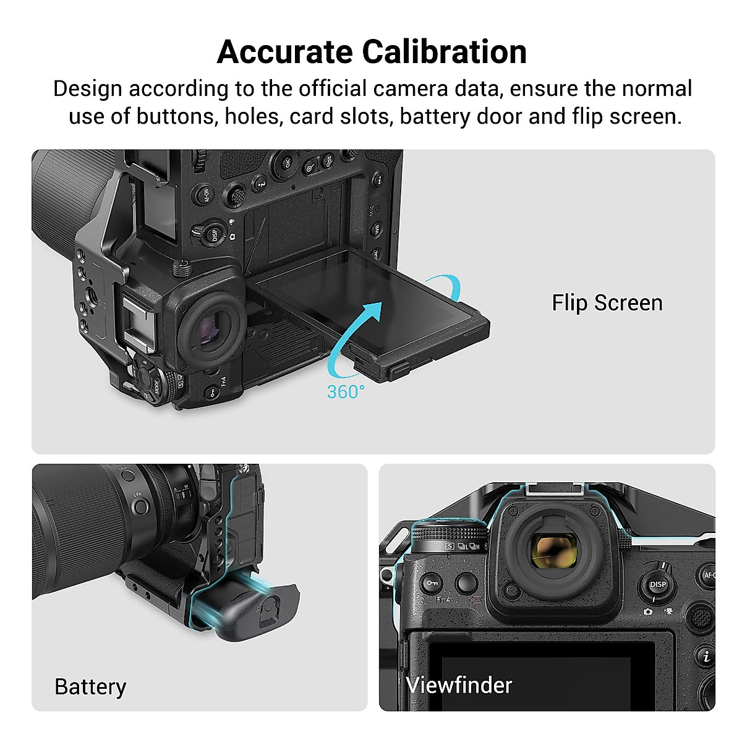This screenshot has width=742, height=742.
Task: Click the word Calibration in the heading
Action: click(x=445, y=52)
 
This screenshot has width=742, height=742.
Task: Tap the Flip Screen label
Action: click(x=607, y=303)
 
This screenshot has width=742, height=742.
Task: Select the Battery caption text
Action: click(x=90, y=687)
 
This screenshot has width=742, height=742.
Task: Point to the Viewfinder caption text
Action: click(x=459, y=685)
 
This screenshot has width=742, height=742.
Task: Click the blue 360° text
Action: click(x=346, y=392)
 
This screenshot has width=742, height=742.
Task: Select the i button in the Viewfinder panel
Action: click(x=706, y=657)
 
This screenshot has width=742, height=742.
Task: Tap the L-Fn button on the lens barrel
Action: click(x=140, y=506)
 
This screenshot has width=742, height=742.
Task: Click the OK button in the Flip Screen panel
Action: click(x=287, y=162)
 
